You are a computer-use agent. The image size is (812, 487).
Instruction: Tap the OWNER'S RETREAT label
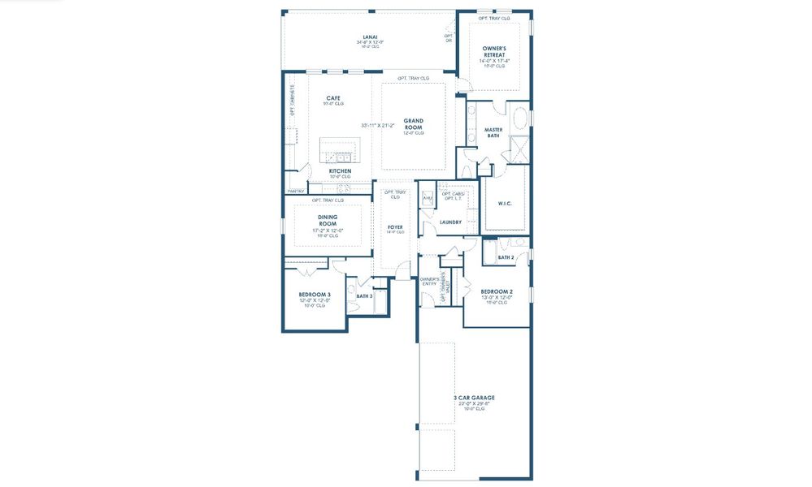click(x=494, y=51)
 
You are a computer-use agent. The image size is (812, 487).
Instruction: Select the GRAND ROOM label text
click(x=414, y=123)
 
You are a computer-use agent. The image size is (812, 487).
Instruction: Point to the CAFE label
click(x=333, y=98)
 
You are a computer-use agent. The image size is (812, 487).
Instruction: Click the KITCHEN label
click(x=340, y=171)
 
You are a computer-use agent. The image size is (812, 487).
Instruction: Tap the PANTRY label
click(x=295, y=192)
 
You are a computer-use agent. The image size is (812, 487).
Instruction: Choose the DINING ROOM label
click(x=328, y=220)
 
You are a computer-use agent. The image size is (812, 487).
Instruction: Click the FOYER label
click(x=395, y=226)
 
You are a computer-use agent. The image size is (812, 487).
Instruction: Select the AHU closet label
click(x=428, y=197)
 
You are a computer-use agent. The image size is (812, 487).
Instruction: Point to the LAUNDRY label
click(x=449, y=222)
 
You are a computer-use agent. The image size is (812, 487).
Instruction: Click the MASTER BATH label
click(x=493, y=132)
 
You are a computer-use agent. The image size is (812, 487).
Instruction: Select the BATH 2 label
click(x=506, y=257)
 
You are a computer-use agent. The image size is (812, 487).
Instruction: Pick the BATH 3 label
click(x=364, y=295)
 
